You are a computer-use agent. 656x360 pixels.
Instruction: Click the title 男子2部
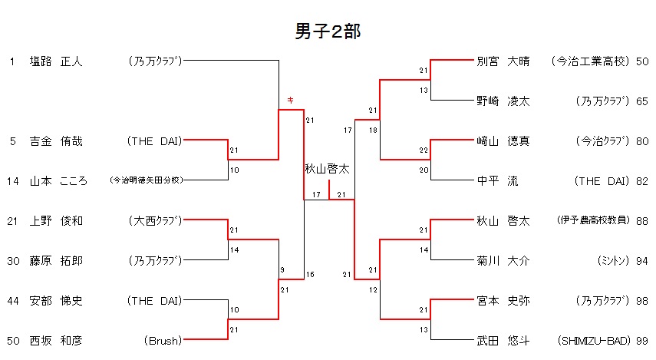[328, 31]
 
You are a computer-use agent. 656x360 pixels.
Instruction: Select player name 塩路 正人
[55, 61]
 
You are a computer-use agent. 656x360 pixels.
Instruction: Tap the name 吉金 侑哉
[55, 141]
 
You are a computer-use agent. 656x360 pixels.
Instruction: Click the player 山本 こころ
[58, 181]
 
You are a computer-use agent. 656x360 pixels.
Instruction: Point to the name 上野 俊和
[55, 221]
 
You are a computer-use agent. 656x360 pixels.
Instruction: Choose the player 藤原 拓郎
[55, 261]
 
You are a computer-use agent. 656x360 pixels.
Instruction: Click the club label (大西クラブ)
[155, 221]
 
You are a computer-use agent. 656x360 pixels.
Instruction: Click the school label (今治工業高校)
[590, 61]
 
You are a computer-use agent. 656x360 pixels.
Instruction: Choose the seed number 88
[642, 221]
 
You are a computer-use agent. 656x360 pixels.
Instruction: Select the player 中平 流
[497, 181]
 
